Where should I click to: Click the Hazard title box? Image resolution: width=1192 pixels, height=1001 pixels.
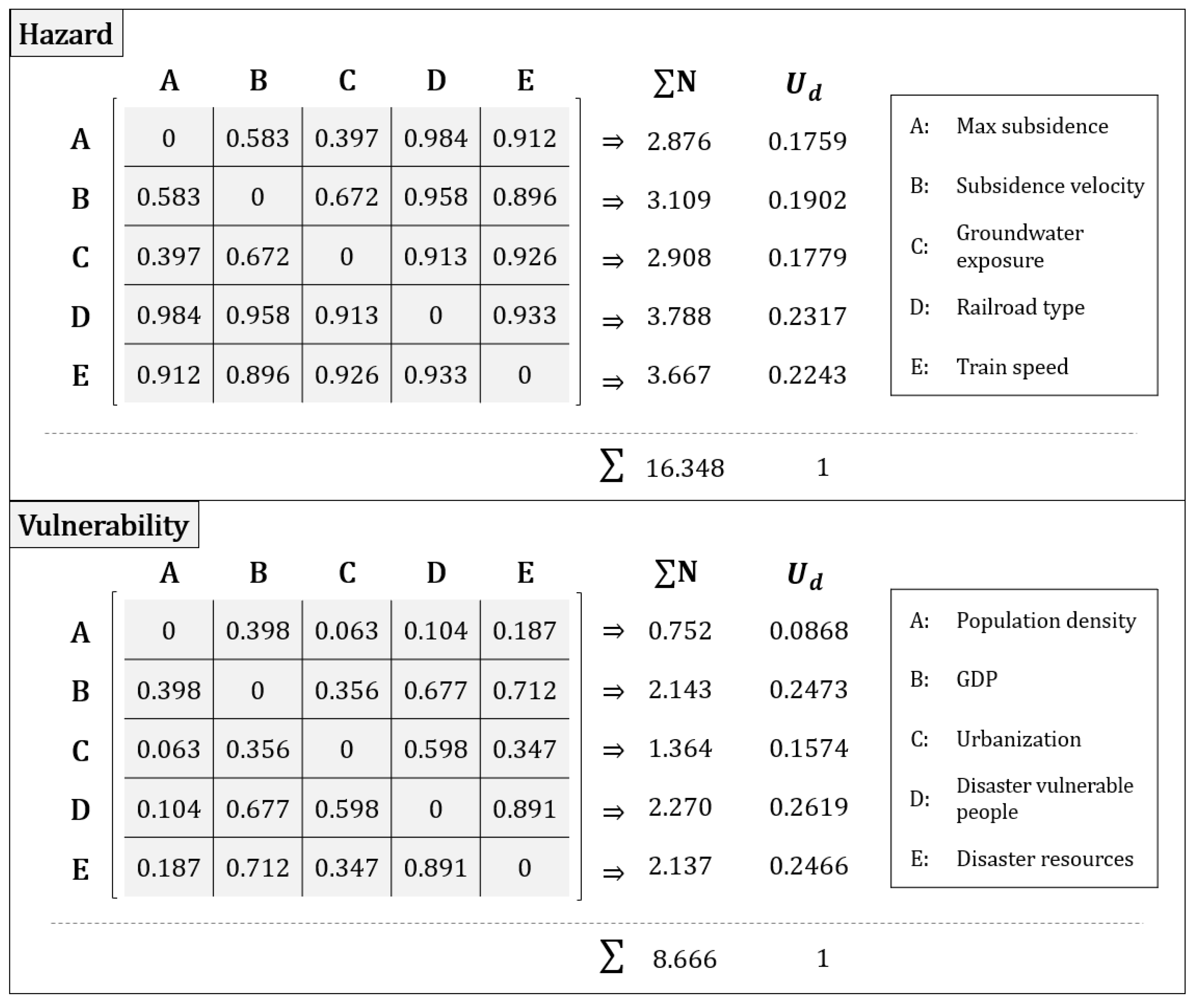pyautogui.click(x=66, y=34)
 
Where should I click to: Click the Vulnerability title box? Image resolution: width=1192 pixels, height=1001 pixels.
pyautogui.click(x=104, y=525)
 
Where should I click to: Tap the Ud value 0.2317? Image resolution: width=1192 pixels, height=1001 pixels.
pyautogui.click(x=807, y=316)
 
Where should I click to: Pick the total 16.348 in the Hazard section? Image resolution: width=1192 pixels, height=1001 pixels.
pyautogui.click(x=685, y=468)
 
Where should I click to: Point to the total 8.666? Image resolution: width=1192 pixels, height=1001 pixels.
pyautogui.click(x=684, y=959)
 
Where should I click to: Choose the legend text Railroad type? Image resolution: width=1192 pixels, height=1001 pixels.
pyautogui.click(x=1020, y=307)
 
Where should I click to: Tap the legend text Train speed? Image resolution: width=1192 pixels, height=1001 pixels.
pyautogui.click(x=1012, y=367)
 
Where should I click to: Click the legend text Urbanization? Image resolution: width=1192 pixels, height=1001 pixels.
pyautogui.click(x=1018, y=739)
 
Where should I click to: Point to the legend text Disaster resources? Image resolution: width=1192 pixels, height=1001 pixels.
pyautogui.click(x=1044, y=858)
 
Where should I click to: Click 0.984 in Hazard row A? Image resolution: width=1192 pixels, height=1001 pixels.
pyautogui.click(x=435, y=138)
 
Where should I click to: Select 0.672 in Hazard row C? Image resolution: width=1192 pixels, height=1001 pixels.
pyautogui.click(x=258, y=256)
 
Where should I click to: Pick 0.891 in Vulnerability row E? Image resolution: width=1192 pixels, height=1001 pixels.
pyautogui.click(x=435, y=868)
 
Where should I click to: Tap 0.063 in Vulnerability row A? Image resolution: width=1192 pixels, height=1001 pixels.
pyautogui.click(x=346, y=630)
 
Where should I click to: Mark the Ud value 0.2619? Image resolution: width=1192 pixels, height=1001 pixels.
pyautogui.click(x=808, y=807)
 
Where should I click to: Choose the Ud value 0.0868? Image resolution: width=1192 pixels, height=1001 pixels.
pyautogui.click(x=808, y=630)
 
